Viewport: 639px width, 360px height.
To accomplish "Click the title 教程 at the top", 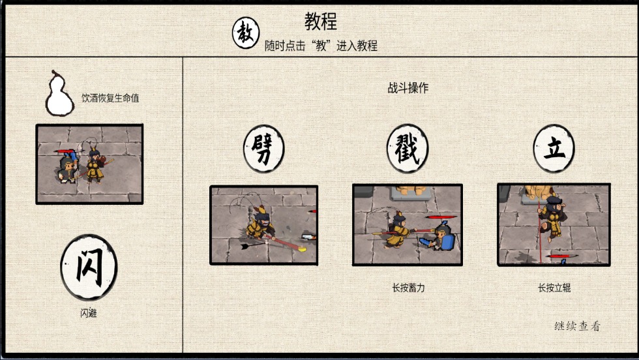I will click(321, 21).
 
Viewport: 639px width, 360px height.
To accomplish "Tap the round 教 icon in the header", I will click(246, 33).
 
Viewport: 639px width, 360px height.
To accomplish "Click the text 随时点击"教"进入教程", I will click(321, 46).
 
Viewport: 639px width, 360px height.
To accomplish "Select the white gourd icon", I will click(59, 93).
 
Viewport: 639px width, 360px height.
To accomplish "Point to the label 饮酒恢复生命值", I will click(110, 98).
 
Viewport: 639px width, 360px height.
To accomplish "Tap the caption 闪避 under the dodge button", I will click(89, 314).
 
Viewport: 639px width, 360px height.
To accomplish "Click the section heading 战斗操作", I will click(408, 88).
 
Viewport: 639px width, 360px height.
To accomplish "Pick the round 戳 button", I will click(408, 147).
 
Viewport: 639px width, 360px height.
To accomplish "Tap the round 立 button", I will click(554, 147).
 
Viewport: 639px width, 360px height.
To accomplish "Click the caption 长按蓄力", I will click(408, 288).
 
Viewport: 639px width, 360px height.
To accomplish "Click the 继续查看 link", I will click(577, 326).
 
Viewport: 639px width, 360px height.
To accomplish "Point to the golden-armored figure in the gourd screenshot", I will click(95, 166).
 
